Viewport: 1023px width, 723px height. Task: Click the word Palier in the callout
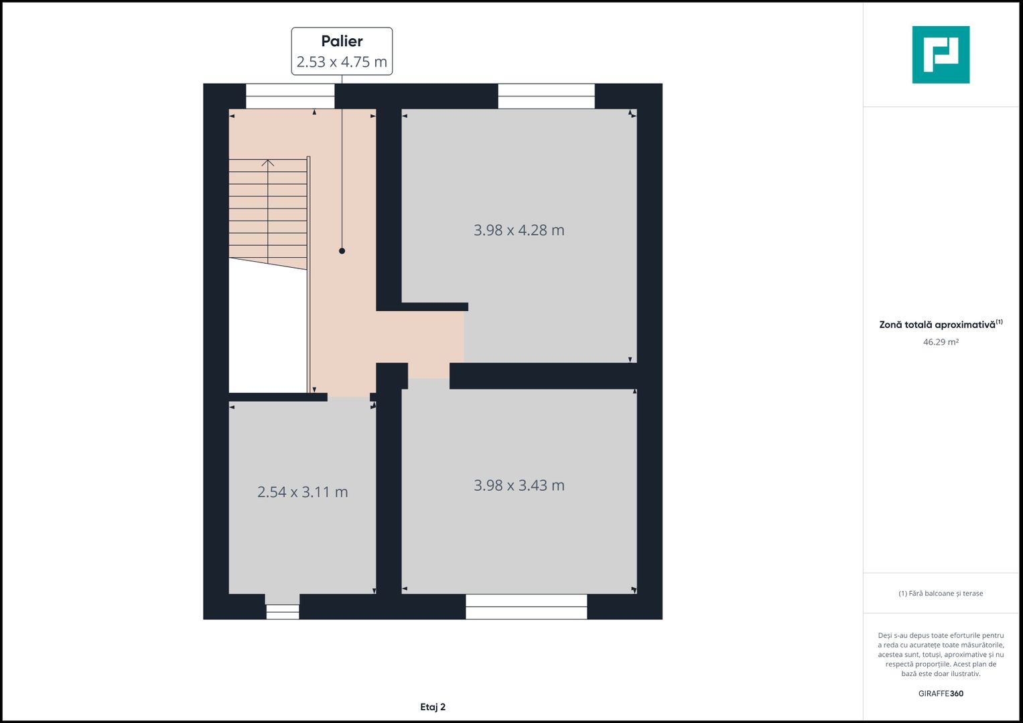pyautogui.click(x=342, y=41)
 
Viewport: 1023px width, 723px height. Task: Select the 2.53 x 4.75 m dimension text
pyautogui.click(x=342, y=62)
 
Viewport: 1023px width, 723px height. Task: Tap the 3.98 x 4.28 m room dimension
pyautogui.click(x=519, y=230)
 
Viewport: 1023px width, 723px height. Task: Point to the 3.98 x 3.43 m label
pyautogui.click(x=519, y=485)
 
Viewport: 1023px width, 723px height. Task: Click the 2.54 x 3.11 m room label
pyautogui.click(x=302, y=492)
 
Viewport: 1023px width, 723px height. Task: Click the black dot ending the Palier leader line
pyautogui.click(x=342, y=250)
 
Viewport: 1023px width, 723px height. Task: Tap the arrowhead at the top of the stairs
pyautogui.click(x=268, y=163)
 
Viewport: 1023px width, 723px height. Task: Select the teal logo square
pyautogui.click(x=941, y=55)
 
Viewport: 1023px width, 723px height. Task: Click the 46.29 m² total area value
pyautogui.click(x=941, y=342)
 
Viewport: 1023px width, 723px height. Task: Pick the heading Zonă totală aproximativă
pyautogui.click(x=937, y=325)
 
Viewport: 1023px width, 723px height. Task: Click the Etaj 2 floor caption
pyautogui.click(x=433, y=707)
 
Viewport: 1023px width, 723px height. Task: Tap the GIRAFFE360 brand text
pyautogui.click(x=941, y=694)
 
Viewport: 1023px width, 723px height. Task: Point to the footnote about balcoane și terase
pyautogui.click(x=941, y=593)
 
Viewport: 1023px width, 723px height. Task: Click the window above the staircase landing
pyautogui.click(x=291, y=96)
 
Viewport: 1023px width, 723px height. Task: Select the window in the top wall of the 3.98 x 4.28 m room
pyautogui.click(x=546, y=96)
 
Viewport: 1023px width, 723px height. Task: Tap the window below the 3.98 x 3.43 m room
pyautogui.click(x=526, y=607)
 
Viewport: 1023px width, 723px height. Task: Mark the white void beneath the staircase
pyautogui.click(x=267, y=329)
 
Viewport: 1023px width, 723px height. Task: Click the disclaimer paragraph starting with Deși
pyautogui.click(x=941, y=655)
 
